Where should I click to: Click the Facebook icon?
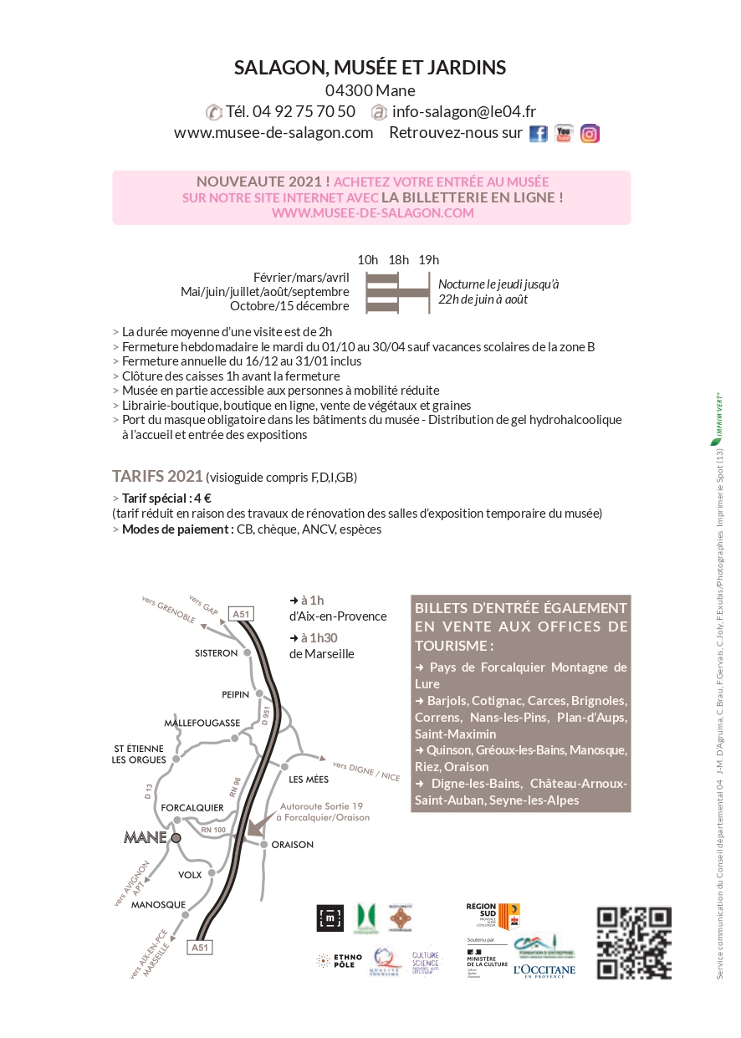point(539,134)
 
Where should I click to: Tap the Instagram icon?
point(590,134)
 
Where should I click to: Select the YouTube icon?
point(564,133)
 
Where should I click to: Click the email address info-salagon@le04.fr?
point(464,111)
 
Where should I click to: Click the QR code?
point(633,943)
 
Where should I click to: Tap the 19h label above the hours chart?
point(428,259)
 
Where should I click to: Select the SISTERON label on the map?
point(217,652)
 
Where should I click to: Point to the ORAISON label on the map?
point(293,845)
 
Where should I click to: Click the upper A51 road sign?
point(241,614)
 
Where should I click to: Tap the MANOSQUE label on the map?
point(158,904)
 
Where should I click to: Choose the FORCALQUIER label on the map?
point(192,807)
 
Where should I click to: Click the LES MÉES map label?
point(307,780)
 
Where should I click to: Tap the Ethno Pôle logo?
point(339,961)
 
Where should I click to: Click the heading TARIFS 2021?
point(157,476)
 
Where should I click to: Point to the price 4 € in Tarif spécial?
point(202,498)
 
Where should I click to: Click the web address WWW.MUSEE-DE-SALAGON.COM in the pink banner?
point(372,213)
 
